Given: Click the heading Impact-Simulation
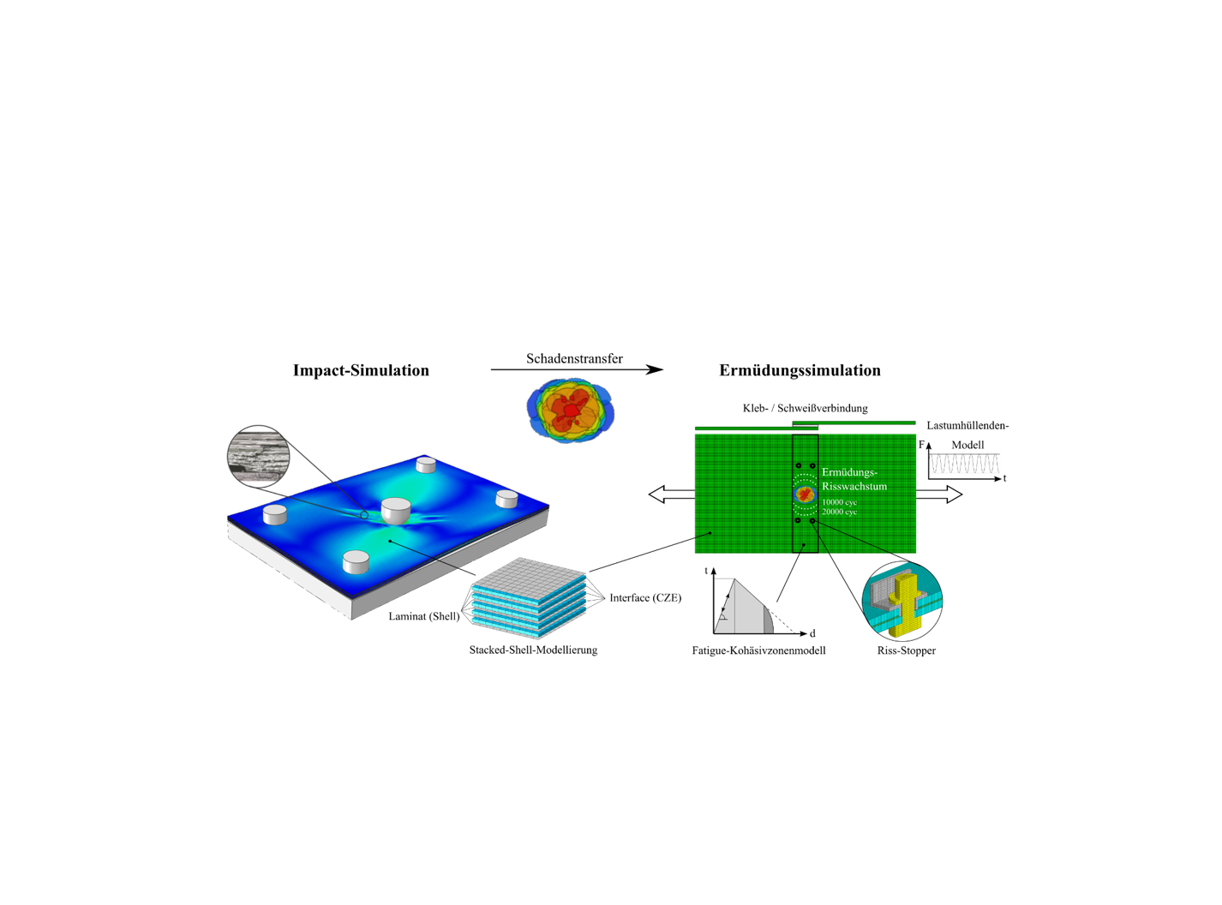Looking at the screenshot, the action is point(361,370).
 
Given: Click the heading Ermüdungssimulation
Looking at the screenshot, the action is point(800,370).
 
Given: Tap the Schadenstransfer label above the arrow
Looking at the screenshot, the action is point(574,359).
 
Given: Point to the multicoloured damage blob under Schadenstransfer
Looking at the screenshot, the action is point(570,410).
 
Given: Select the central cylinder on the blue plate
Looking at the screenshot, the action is point(396,511).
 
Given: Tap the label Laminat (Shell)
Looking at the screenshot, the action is point(423,616).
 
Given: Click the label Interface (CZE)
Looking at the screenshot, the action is point(645,597).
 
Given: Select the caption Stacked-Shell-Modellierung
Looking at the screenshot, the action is point(533,650).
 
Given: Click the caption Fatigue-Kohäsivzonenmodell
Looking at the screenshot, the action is point(758,650).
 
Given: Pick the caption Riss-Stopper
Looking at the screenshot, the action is point(907,650).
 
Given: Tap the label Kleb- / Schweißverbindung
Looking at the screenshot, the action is point(805,408).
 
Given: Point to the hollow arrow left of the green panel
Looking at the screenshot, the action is point(672,494).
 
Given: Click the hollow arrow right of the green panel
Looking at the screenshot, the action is point(939,494).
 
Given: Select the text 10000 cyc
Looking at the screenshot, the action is point(839,502).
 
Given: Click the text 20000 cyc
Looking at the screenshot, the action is point(839,512).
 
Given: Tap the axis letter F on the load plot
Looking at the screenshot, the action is point(921,444).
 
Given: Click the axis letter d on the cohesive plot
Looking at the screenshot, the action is point(812,634).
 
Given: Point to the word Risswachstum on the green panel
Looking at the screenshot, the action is point(854,486).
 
